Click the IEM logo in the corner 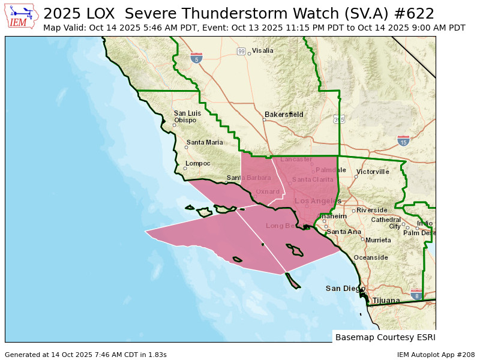coord(22,16)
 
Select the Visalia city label coord(262,51)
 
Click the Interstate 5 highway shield coord(196,58)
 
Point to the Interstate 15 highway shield coord(403,141)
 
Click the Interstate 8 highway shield coord(416,295)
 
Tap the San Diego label coord(345,289)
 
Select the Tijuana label coord(386,300)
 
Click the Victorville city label coord(373,172)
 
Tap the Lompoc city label coord(199,163)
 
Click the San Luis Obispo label coord(187,116)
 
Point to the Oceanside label coord(371,257)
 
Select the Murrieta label coord(378,240)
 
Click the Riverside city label coord(372,210)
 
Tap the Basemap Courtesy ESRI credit coord(385,337)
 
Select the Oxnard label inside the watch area coord(268,192)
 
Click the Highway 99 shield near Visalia coord(241,52)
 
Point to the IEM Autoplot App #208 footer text coord(436,355)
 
